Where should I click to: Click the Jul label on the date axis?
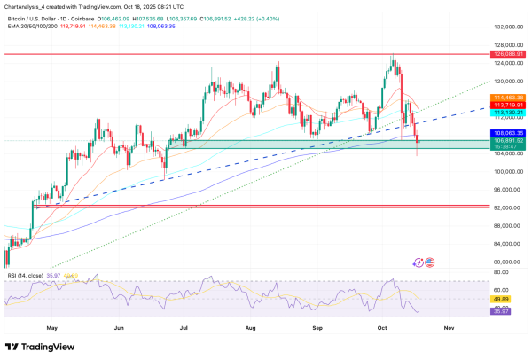tap(185, 327)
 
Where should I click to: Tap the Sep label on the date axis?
tap(317, 327)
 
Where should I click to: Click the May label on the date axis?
tap(51, 327)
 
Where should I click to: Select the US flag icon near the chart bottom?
tap(429, 262)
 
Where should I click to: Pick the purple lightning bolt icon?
tap(419, 262)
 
